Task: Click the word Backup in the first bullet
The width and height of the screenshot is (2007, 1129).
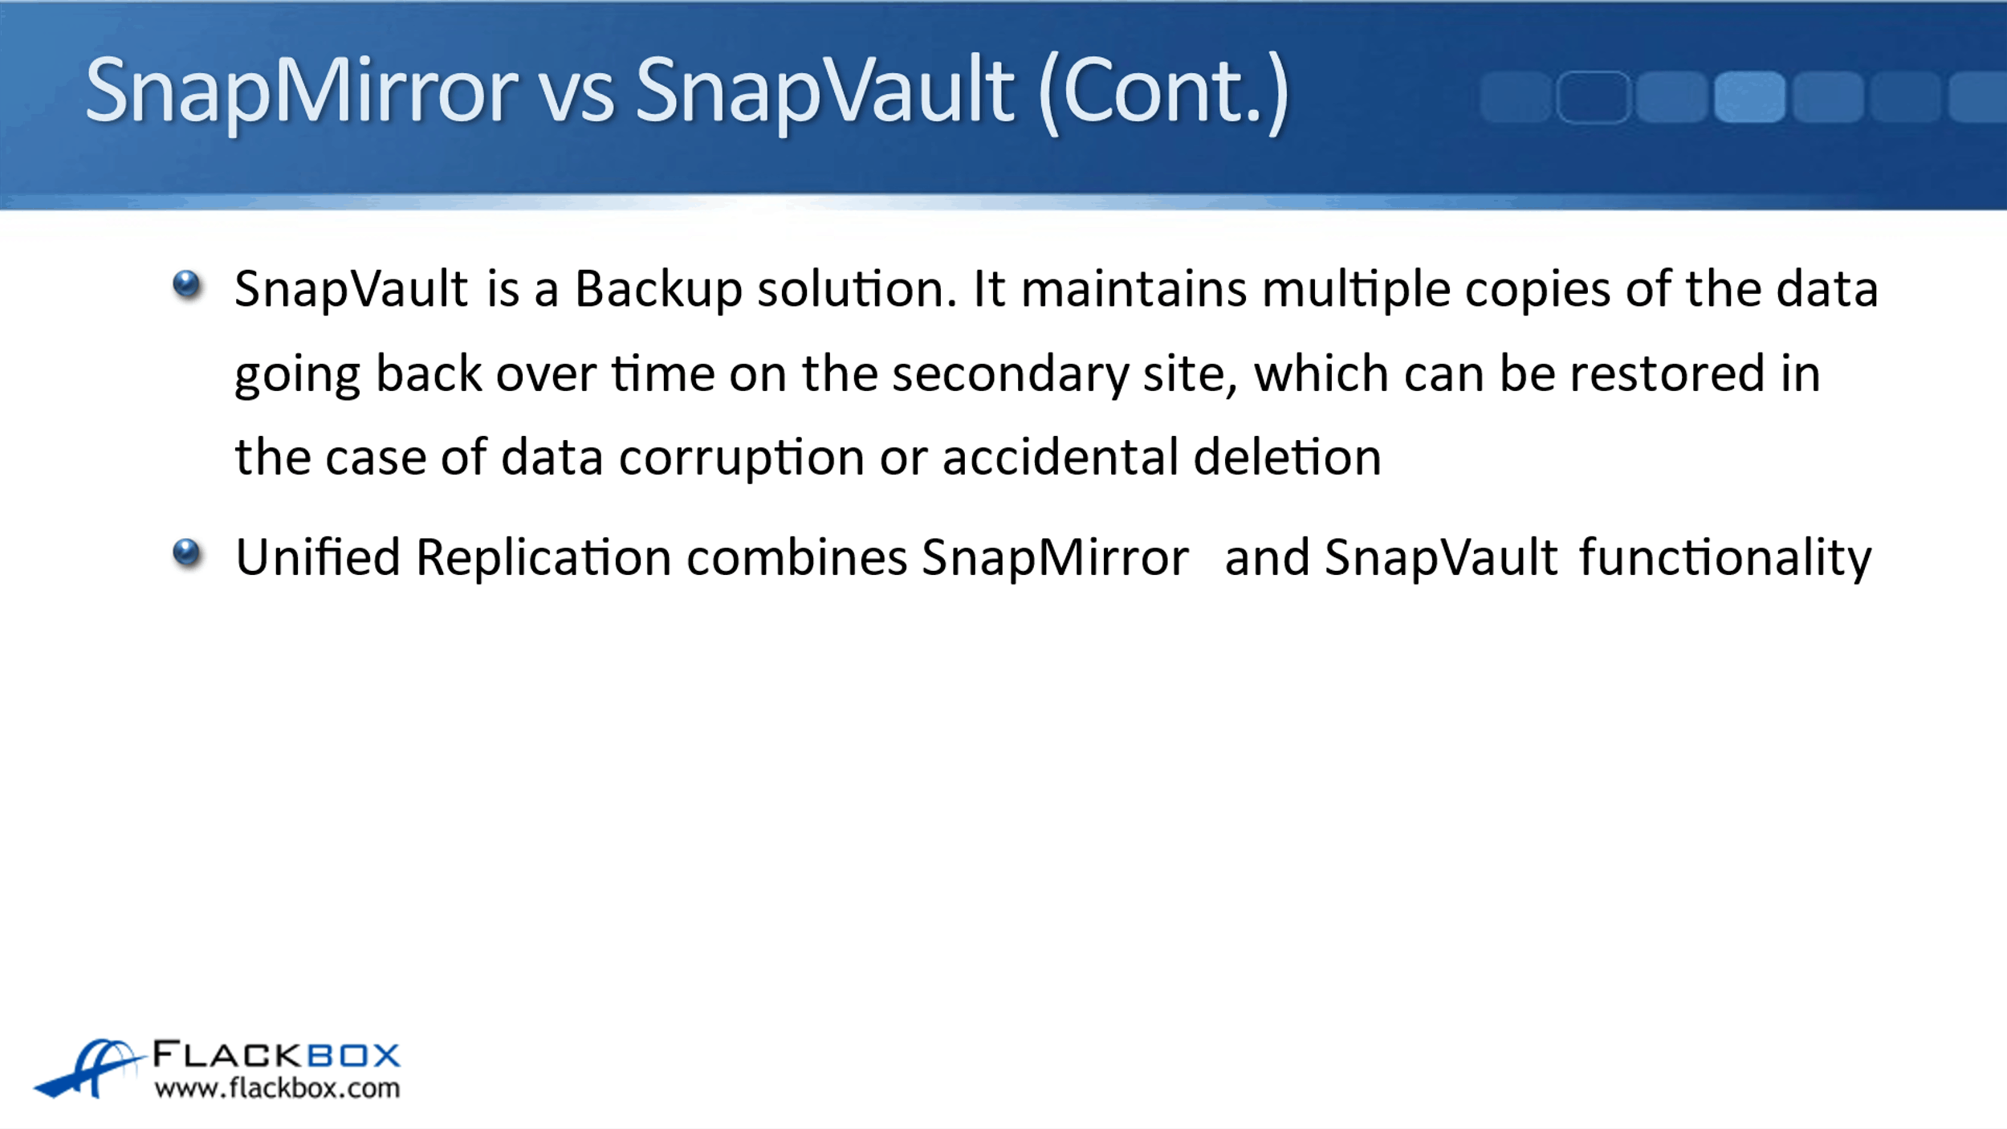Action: (x=658, y=290)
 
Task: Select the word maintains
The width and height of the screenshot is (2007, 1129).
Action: (x=1134, y=288)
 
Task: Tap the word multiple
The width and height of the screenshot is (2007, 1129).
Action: (x=1356, y=290)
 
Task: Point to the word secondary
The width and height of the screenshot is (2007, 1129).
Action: (x=1010, y=375)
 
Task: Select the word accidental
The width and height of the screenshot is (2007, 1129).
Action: (x=1060, y=457)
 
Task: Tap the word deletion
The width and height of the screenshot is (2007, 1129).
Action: (x=1287, y=457)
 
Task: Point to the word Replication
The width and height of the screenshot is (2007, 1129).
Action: (x=543, y=558)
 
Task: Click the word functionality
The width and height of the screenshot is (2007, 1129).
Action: (x=1725, y=559)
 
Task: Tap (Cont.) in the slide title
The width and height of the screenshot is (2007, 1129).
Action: (x=1164, y=92)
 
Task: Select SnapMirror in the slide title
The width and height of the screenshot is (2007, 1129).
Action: (x=302, y=92)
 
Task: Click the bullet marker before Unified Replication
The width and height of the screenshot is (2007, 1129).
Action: (x=187, y=553)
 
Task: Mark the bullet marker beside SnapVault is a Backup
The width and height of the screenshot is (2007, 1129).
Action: (x=187, y=284)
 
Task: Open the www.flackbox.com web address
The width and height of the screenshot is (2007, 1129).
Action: (x=277, y=1088)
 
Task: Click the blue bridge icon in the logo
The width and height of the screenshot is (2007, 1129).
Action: (x=88, y=1068)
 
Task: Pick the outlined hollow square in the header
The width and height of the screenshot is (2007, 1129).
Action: (x=1593, y=97)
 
